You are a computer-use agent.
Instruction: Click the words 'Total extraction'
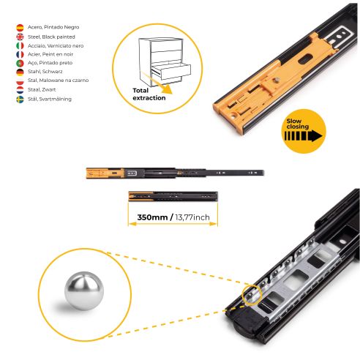click(x=149, y=93)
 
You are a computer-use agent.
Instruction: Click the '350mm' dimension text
click(x=151, y=217)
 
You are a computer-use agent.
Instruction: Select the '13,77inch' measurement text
click(x=192, y=217)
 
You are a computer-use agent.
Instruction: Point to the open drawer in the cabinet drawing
click(x=170, y=70)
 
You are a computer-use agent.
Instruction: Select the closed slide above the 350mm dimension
click(x=173, y=196)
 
